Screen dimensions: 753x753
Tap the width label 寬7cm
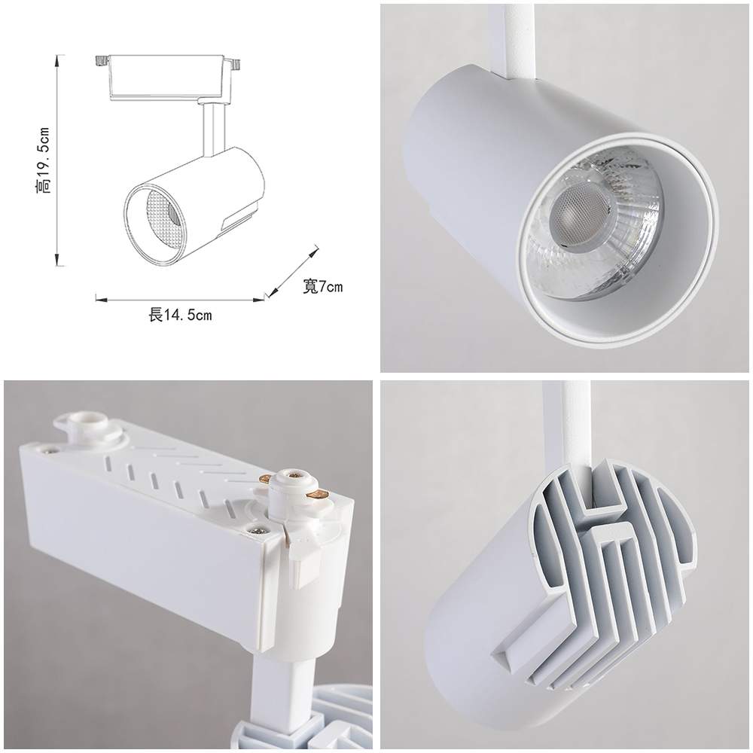pyautogui.click(x=323, y=286)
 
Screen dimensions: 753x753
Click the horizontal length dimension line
pyautogui.click(x=181, y=299)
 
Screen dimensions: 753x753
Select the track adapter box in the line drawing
pyautogui.click(x=168, y=75)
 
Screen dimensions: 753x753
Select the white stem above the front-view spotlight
pyautogui.click(x=514, y=38)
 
